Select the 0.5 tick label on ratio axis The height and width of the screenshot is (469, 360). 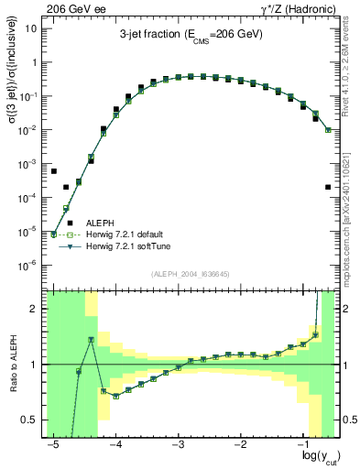coord(30,420)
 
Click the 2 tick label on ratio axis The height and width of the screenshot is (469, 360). coord(35,310)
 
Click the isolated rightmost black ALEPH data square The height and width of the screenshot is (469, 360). coord(328,187)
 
